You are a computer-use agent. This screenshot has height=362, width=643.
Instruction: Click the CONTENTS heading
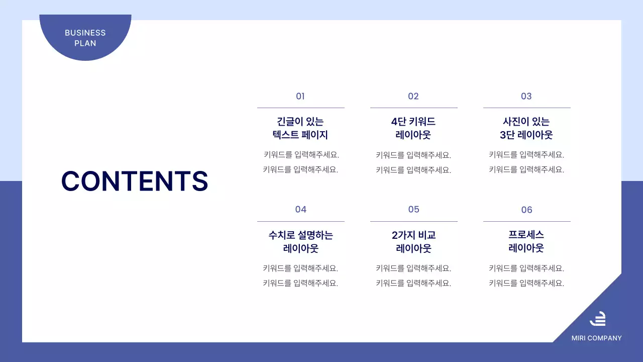pos(134,181)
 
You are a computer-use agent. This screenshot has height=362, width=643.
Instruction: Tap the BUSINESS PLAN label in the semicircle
pos(85,38)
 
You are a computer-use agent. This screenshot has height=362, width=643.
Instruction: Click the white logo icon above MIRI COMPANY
pos(597,319)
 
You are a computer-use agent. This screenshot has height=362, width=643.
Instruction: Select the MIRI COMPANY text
pos(596,338)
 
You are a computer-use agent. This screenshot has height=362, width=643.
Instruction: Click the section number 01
pos(300,96)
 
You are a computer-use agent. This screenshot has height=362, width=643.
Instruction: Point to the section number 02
pos(413,96)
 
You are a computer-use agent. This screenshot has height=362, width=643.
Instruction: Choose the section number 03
pos(526,96)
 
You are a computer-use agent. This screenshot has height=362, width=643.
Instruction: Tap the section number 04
pos(300,209)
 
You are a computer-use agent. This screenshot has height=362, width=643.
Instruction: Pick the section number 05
pos(413,209)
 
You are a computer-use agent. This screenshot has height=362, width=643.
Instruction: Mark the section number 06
pos(526,210)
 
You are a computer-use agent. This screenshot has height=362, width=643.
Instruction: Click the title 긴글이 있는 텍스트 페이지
pos(300,128)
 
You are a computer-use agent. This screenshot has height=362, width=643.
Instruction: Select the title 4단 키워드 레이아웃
pos(413,128)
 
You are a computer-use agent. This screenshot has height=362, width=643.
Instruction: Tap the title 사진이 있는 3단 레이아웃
pos(526,128)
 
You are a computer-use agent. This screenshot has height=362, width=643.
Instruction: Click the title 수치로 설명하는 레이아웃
pos(300,241)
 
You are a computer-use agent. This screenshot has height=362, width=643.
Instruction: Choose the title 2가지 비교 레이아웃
pos(413,241)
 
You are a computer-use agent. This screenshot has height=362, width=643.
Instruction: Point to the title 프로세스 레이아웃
pos(526,241)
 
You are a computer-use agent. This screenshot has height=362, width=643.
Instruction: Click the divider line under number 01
pos(300,108)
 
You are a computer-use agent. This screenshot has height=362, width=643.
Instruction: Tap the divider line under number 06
pos(526,221)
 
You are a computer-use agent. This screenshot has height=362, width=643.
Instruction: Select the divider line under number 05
pos(413,221)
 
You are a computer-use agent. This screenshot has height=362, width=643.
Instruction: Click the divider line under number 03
pos(526,108)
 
